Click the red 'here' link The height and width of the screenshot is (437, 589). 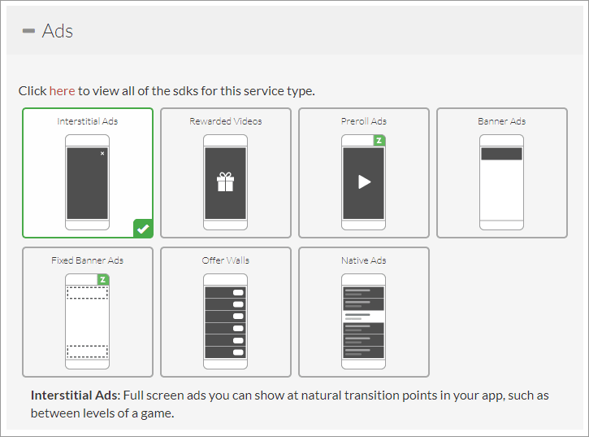62,91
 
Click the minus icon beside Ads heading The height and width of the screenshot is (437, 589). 29,31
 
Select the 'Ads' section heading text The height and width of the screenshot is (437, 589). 58,31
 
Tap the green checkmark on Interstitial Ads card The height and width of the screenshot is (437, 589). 143,229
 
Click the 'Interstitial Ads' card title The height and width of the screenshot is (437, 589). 88,121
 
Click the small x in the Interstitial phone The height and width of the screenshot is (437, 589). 102,153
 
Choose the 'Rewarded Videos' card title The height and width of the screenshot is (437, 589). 226,121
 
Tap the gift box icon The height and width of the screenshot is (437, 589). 225,181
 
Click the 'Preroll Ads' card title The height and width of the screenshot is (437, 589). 364,121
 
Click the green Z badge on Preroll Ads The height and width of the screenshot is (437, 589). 379,141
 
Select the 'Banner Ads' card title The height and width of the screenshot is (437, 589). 502,121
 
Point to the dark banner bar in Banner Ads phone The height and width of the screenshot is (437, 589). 501,154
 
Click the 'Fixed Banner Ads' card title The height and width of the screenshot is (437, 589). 88,260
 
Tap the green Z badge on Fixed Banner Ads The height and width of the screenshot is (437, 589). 103,280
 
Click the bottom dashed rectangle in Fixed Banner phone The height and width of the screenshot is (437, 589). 88,352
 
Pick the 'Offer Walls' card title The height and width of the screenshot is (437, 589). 226,260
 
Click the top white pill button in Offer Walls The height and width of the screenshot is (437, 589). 238,292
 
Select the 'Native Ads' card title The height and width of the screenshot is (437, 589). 364,260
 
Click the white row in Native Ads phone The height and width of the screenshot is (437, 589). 364,317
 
